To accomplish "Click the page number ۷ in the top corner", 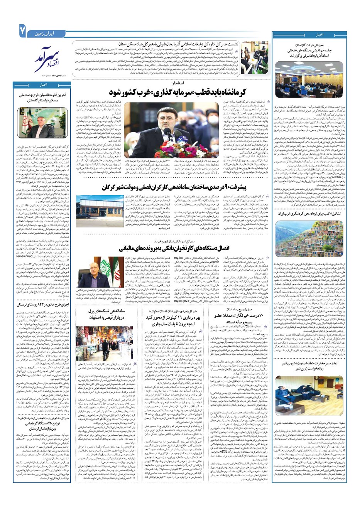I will (x=22, y=31).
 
